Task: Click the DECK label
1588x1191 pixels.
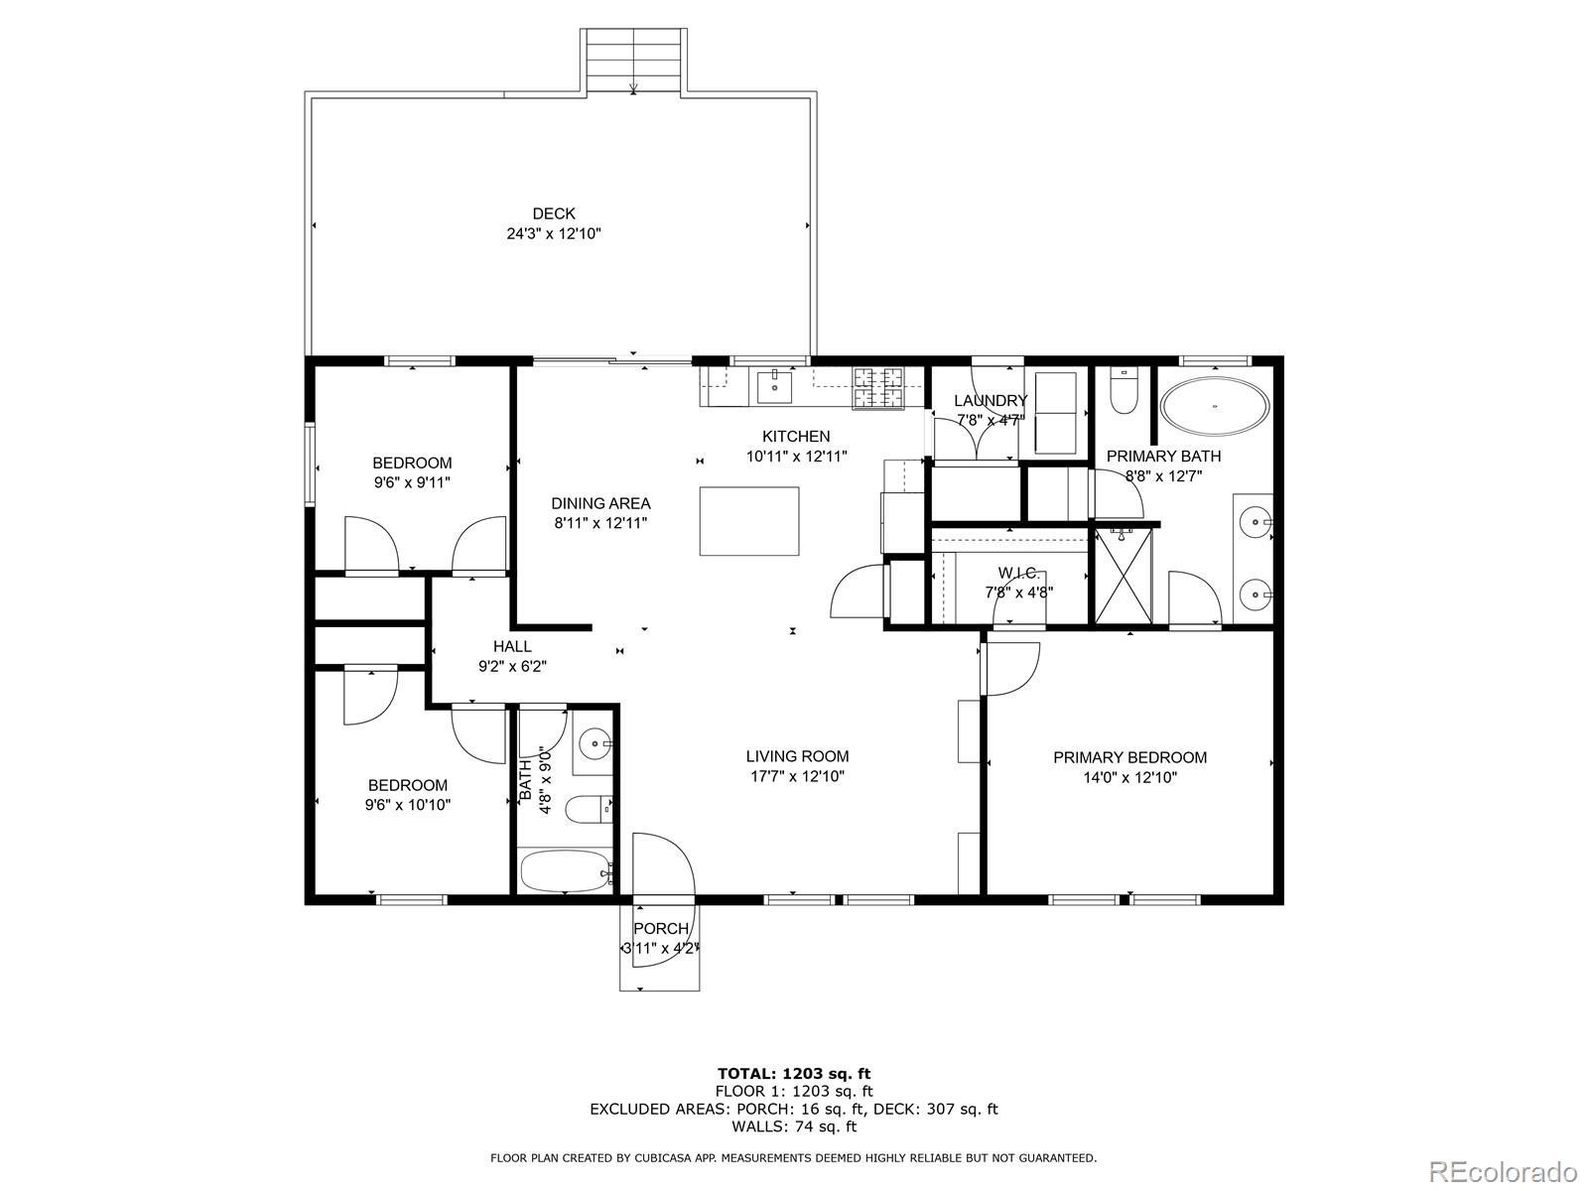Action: [554, 213]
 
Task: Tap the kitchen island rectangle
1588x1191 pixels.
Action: [748, 521]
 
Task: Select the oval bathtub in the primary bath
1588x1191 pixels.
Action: [1215, 406]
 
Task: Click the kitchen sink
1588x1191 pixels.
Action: [774, 386]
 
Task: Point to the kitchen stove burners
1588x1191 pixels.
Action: [879, 388]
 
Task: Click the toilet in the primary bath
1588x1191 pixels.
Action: [1124, 392]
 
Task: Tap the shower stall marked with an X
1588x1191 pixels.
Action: [1123, 576]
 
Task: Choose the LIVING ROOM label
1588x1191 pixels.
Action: [797, 756]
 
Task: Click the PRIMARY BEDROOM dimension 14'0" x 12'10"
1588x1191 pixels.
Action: [1130, 777]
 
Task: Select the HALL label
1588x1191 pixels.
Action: [512, 646]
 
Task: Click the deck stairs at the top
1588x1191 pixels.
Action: [634, 61]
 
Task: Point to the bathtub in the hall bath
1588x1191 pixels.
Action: [566, 871]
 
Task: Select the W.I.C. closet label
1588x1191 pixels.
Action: [1018, 574]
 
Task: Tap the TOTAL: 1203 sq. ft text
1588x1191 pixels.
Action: [794, 1074]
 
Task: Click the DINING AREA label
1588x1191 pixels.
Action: [600, 503]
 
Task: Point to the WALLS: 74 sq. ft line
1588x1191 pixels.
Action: [794, 1126]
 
